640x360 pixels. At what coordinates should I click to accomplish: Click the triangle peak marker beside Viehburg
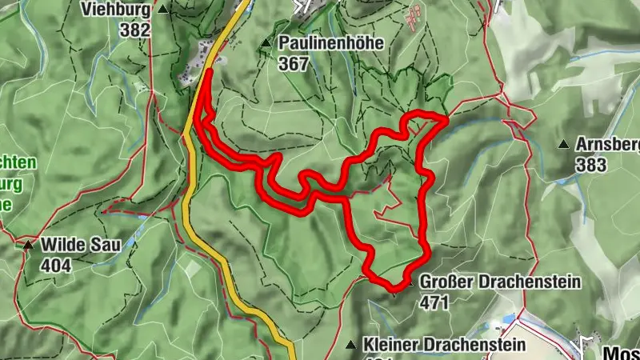(163, 10)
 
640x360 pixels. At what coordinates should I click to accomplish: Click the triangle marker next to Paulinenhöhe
(266, 42)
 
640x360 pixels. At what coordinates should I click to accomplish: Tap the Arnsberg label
(607, 145)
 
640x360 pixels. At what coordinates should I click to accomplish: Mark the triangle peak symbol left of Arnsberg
(563, 145)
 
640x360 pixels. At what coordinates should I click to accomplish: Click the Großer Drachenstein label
(500, 282)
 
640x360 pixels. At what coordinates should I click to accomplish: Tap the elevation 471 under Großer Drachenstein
(433, 302)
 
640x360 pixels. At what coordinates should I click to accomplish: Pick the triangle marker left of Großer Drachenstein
(408, 283)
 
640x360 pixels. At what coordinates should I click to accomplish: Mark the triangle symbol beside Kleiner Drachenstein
(350, 345)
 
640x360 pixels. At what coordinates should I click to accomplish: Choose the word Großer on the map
(445, 282)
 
